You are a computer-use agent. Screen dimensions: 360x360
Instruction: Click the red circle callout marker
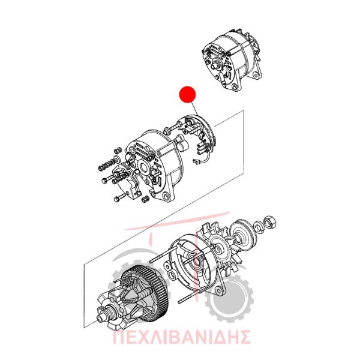click(187, 94)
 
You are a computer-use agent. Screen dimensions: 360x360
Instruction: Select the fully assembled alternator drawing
click(232, 61)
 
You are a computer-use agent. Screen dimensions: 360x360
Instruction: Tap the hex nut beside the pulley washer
click(270, 221)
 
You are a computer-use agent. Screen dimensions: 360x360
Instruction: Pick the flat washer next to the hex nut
click(259, 227)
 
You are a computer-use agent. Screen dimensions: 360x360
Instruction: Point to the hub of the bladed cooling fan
click(218, 247)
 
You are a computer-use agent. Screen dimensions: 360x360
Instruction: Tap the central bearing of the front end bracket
click(196, 261)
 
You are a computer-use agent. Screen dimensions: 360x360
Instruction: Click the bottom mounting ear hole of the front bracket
click(218, 291)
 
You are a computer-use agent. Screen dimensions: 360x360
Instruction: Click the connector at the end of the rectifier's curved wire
click(196, 163)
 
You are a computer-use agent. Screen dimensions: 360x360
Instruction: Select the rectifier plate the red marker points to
click(197, 136)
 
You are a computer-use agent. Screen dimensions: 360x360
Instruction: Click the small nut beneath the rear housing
click(145, 199)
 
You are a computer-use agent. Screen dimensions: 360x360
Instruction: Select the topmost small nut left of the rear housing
click(118, 151)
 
